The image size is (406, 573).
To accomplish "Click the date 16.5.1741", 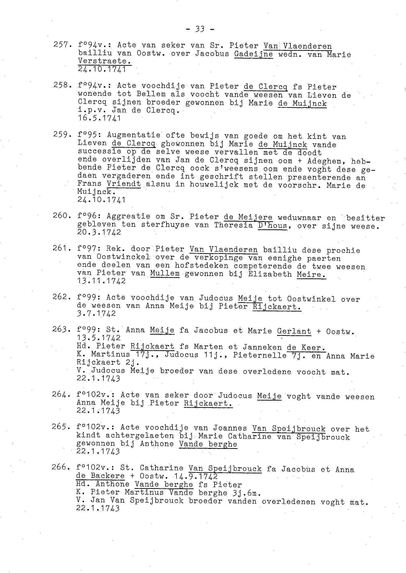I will (99, 118).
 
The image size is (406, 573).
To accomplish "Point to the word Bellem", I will (151, 94).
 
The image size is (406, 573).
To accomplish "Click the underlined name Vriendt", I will (124, 184).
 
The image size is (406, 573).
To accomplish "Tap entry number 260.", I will (62, 216).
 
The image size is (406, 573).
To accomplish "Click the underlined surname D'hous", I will (272, 225).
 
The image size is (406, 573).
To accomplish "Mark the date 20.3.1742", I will (99, 232).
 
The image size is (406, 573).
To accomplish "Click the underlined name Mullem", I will (165, 273).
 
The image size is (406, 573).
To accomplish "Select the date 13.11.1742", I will (101, 281).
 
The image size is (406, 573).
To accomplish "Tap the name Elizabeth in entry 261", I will (269, 274).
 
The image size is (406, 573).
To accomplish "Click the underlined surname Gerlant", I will (294, 331).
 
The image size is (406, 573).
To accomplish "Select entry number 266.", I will (61, 467).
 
